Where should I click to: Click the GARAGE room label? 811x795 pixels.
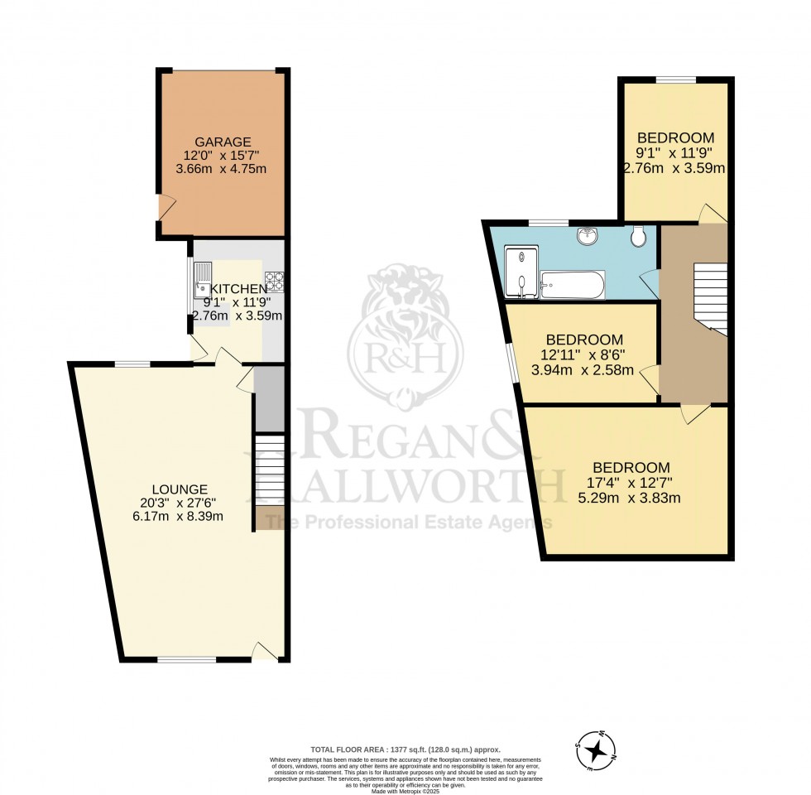coord(222,142)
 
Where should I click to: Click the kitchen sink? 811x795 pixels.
coord(203,278)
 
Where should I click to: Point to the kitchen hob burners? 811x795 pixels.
coord(275,282)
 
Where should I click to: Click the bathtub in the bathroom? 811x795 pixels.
coord(572,284)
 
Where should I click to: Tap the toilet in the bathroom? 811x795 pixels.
coord(637,237)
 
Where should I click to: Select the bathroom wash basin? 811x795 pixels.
coord(588,235)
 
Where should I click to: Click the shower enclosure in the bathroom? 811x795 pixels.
coord(521,271)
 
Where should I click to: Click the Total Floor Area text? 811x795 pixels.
coord(405,748)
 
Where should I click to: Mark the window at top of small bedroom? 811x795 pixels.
coord(676,79)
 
